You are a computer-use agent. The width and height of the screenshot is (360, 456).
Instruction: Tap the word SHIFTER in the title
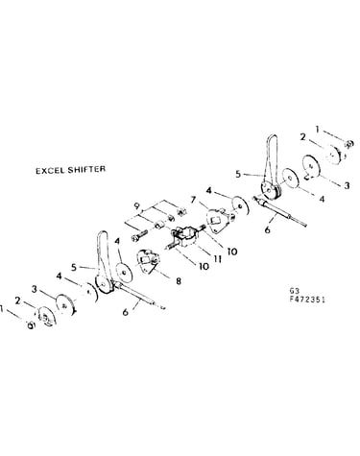(86, 169)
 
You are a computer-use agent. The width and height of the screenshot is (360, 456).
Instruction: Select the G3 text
(295, 291)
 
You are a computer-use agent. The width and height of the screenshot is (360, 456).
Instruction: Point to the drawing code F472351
(307, 300)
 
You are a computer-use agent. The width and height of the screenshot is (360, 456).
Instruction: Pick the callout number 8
(179, 281)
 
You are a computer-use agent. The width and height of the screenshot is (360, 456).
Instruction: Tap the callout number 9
(136, 205)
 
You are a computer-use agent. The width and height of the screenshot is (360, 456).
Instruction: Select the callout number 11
(218, 258)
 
